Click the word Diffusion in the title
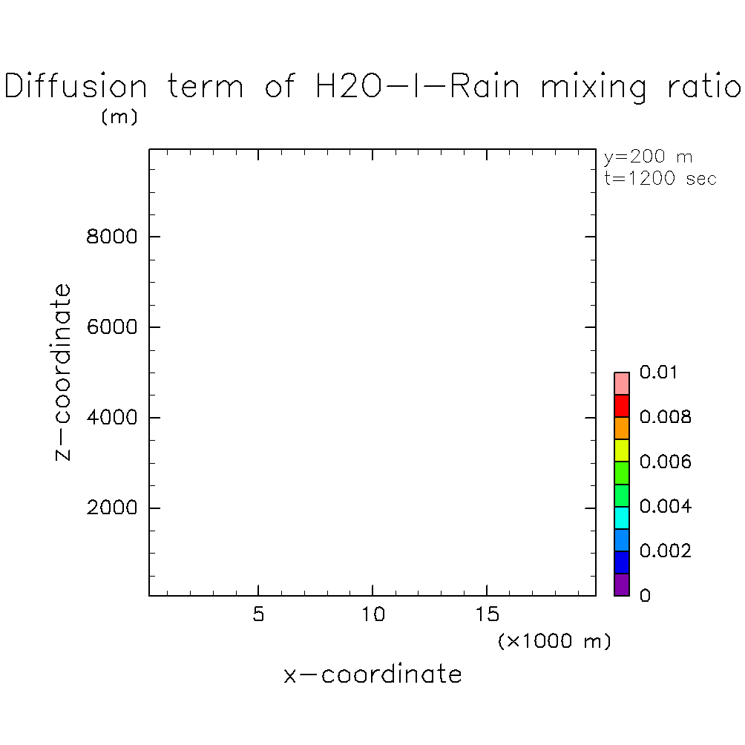click(x=76, y=87)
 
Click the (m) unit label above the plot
click(x=119, y=117)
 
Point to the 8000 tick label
click(x=111, y=237)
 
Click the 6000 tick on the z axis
click(x=111, y=327)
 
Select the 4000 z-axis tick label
click(x=111, y=418)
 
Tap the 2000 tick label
click(x=111, y=508)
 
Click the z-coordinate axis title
click(x=64, y=372)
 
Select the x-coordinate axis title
click(x=372, y=675)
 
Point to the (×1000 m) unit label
click(x=554, y=641)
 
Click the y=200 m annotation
click(x=649, y=157)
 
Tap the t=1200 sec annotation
click(x=660, y=179)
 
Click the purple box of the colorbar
click(x=622, y=585)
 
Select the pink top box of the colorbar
click(x=622, y=384)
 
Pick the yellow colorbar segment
click(x=622, y=450)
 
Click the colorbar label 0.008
click(x=666, y=418)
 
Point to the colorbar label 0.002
click(x=666, y=551)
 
